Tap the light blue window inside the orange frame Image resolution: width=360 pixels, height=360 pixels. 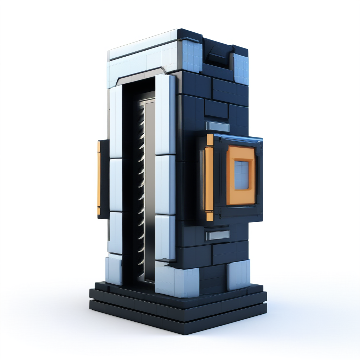242,175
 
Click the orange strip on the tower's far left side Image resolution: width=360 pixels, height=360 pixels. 99,178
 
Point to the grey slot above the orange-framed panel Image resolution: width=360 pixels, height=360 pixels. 218,127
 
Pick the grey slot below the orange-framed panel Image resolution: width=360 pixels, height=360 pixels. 218,235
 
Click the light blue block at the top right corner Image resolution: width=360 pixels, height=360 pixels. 240,69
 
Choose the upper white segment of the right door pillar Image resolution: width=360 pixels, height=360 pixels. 165,114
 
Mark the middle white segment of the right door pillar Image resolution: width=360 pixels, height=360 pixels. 165,185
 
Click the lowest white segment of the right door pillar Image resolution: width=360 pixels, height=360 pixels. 165,237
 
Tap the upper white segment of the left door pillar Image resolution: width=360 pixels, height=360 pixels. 116,121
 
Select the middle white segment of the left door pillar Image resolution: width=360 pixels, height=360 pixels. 116,185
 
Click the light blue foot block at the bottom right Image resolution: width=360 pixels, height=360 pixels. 238,274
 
